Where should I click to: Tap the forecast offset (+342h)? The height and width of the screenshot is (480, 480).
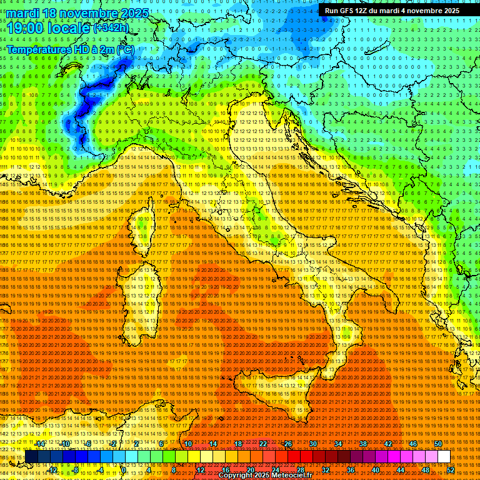pyautogui.click(x=111, y=27)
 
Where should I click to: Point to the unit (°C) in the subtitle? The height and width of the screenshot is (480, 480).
pyautogui.click(x=125, y=49)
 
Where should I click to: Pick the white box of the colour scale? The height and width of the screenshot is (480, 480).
pyautogui.click(x=444, y=456)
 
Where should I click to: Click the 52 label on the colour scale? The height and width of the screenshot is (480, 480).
pyautogui.click(x=450, y=470)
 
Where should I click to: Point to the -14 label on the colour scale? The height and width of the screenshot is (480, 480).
pyautogui.click(x=40, y=444)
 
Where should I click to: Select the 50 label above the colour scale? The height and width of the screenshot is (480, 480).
pyautogui.click(x=437, y=444)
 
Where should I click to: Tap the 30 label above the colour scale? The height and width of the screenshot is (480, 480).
pyautogui.click(x=312, y=444)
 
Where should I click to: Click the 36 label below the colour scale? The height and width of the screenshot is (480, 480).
pyautogui.click(x=350, y=470)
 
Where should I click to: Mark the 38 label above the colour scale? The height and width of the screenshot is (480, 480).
pyautogui.click(x=362, y=444)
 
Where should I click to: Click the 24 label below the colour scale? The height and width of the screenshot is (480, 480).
pyautogui.click(x=275, y=470)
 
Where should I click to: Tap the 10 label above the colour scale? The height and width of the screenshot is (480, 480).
pyautogui.click(x=187, y=444)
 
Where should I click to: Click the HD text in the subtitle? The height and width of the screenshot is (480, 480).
pyautogui.click(x=76, y=49)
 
